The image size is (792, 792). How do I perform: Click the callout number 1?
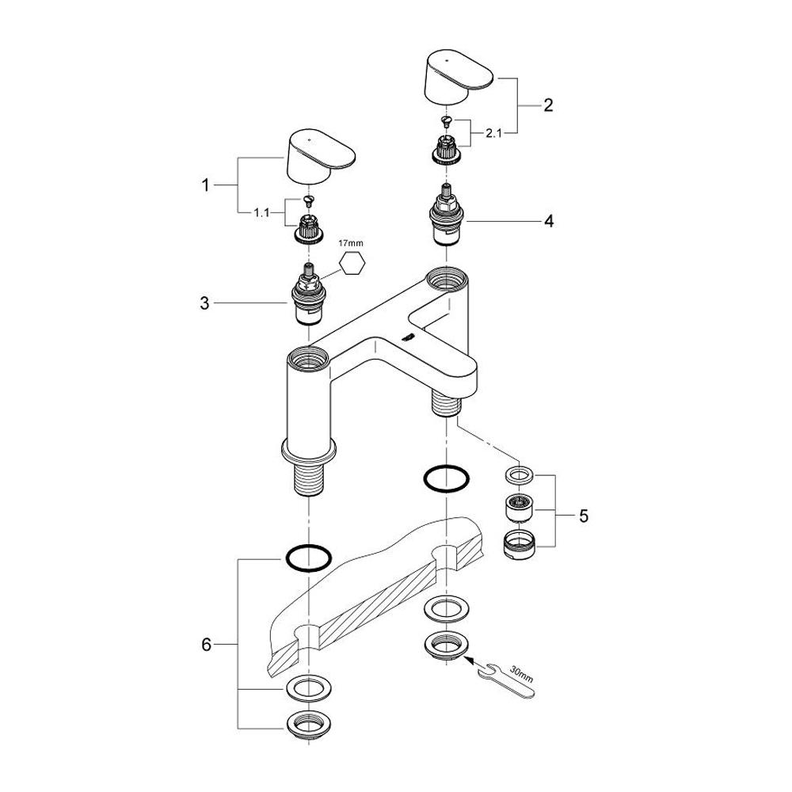pos(205,186)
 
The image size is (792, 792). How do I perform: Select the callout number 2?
pos(548,104)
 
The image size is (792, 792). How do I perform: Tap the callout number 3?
pos(205,303)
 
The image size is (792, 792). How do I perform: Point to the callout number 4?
pos(548,222)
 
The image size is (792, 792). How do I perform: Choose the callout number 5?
pos(584,516)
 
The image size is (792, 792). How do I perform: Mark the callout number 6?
pos(207,645)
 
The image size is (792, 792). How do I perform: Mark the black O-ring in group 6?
pos(307,558)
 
